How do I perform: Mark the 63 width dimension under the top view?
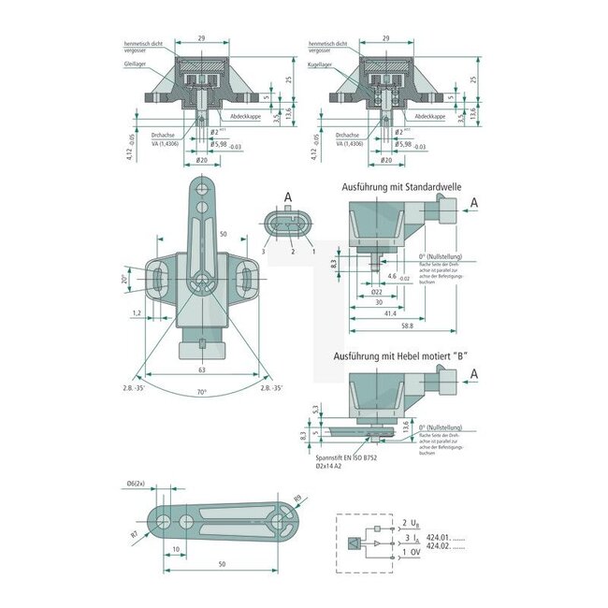[202, 369]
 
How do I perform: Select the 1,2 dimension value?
[137, 312]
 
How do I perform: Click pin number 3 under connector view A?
[265, 252]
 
